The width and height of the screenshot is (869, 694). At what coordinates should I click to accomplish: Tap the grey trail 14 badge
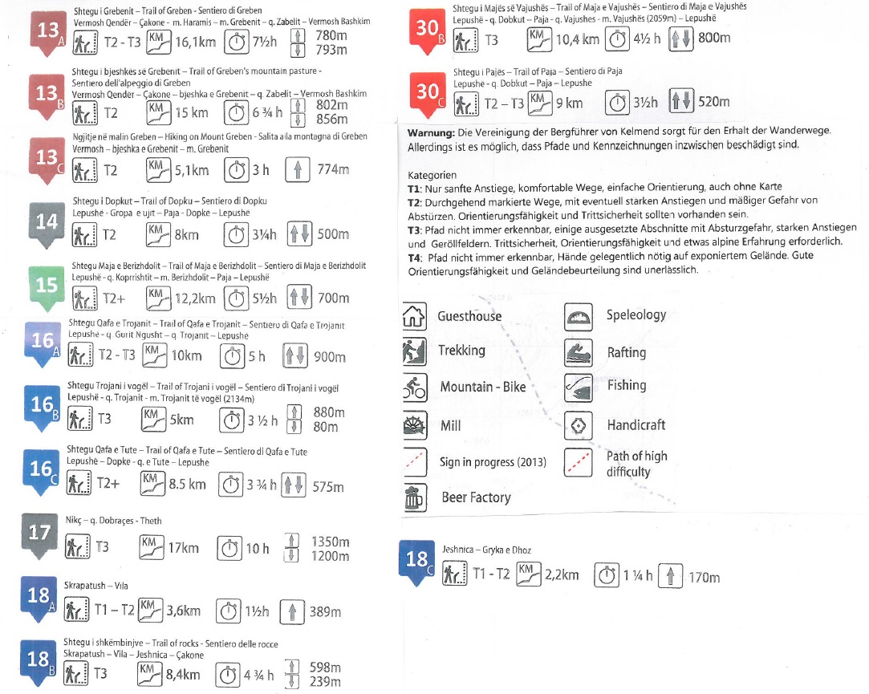[x=47, y=221]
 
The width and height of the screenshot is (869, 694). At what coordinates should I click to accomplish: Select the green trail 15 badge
[x=47, y=286]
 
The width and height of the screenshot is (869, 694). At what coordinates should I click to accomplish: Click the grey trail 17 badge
[x=40, y=533]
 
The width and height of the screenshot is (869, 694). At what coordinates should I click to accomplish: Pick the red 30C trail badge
[x=428, y=92]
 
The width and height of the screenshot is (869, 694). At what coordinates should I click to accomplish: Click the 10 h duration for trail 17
[x=257, y=549]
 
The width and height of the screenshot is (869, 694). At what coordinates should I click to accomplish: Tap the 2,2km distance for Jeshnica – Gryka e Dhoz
[x=561, y=574]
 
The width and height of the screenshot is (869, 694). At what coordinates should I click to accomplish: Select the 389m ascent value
[x=325, y=612]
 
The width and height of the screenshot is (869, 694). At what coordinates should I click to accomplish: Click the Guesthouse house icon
[x=413, y=315]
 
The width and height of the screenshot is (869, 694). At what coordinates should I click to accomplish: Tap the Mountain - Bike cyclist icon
[x=414, y=388]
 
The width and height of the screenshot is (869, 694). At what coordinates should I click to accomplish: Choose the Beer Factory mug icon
[x=414, y=498]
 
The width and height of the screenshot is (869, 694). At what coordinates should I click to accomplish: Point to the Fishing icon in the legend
[x=578, y=386]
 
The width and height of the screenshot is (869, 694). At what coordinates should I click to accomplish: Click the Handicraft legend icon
[x=578, y=425]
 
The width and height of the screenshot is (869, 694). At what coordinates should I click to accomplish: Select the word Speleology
[x=636, y=315]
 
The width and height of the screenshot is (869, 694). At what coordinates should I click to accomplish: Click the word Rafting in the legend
[x=626, y=352]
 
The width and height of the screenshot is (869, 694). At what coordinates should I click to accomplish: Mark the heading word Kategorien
[x=432, y=175]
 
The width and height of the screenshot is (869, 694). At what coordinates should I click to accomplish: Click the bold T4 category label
[x=415, y=257]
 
